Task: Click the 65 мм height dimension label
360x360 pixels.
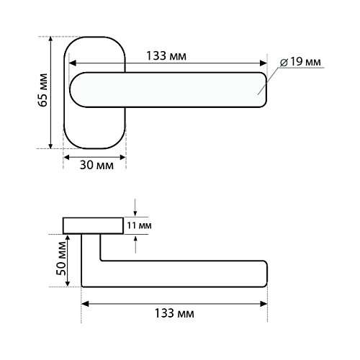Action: pos(43,90)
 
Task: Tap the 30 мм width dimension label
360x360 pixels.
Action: pos(96,166)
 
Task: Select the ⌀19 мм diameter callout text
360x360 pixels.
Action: pos(300,62)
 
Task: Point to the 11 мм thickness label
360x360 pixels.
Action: pos(139,225)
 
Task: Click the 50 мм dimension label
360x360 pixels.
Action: pos(60,258)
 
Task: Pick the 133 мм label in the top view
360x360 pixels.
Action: pos(166,56)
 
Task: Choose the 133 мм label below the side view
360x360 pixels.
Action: pos(174,313)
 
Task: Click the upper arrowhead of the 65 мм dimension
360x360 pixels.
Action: pos(50,40)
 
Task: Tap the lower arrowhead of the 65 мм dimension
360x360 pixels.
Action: pos(50,145)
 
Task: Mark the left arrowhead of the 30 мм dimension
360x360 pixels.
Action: pos(66,158)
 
